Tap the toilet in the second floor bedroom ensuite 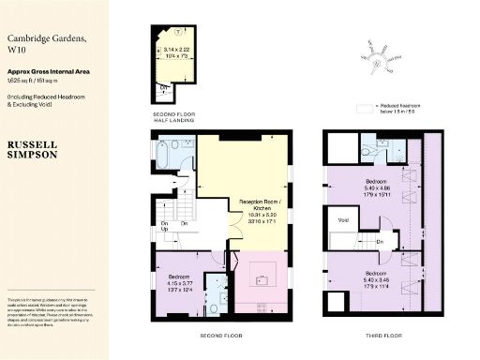(x=215, y=306)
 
